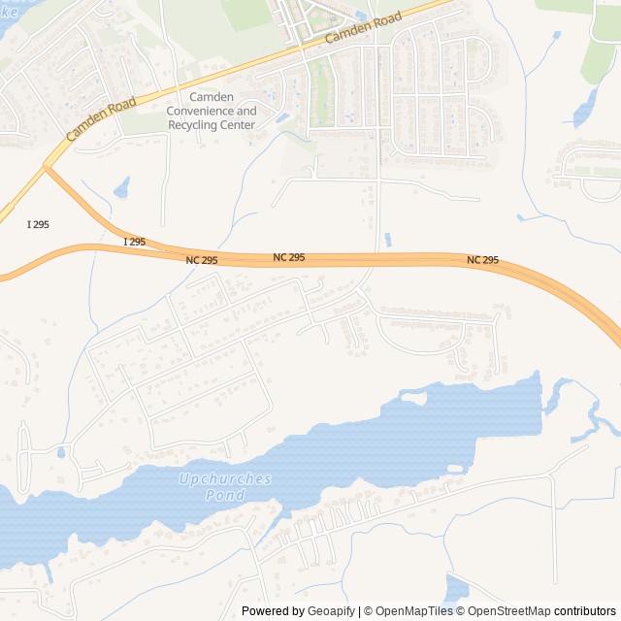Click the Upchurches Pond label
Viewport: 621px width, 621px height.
tap(225, 487)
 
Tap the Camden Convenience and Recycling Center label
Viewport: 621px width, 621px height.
tap(212, 111)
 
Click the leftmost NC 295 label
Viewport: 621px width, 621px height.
tap(202, 260)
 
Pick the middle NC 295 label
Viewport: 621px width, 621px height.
tap(288, 257)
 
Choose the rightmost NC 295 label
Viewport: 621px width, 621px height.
tap(482, 260)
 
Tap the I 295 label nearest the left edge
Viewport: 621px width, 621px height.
tap(38, 224)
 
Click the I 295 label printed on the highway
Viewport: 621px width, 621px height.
tap(134, 241)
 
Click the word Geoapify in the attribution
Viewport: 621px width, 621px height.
tap(332, 611)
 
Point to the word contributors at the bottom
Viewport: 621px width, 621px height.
tap(585, 611)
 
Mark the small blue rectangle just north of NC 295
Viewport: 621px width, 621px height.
tap(388, 240)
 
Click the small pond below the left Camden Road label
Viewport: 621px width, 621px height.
tap(121, 187)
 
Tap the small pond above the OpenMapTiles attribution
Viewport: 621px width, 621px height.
tap(455, 588)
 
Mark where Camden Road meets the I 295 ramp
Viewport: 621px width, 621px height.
tap(45, 167)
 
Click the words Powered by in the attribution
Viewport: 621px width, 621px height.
tap(274, 611)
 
